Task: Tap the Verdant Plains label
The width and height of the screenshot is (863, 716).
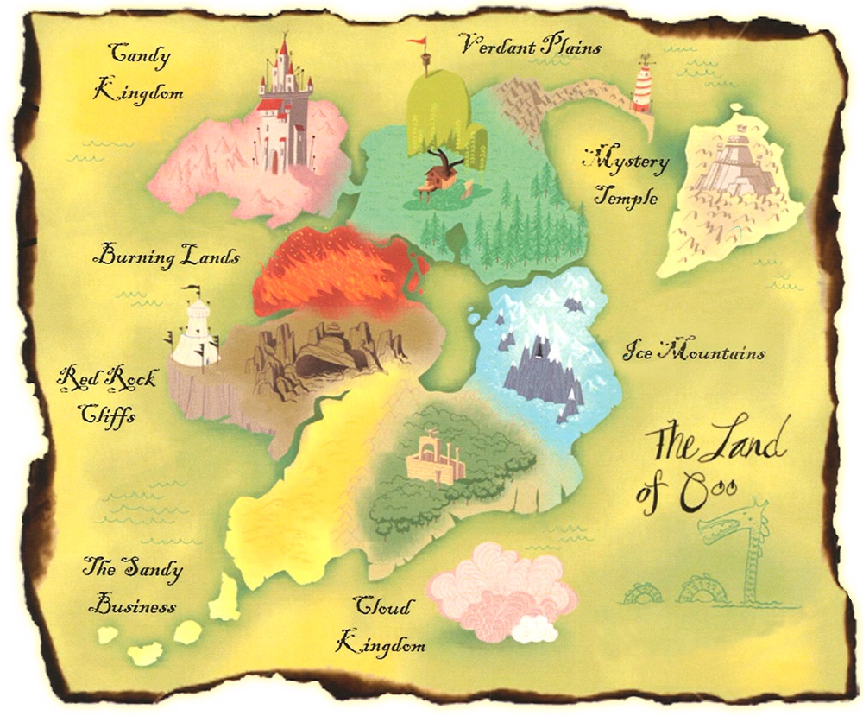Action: tap(529, 45)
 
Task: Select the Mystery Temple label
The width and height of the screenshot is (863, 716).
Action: tap(625, 178)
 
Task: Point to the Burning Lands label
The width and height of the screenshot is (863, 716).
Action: tap(167, 256)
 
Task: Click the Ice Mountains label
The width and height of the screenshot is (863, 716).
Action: tap(694, 352)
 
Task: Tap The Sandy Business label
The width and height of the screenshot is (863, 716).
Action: tap(133, 585)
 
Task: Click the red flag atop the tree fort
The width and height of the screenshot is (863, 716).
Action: tap(417, 41)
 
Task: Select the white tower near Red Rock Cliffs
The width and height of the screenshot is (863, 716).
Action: tap(196, 330)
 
